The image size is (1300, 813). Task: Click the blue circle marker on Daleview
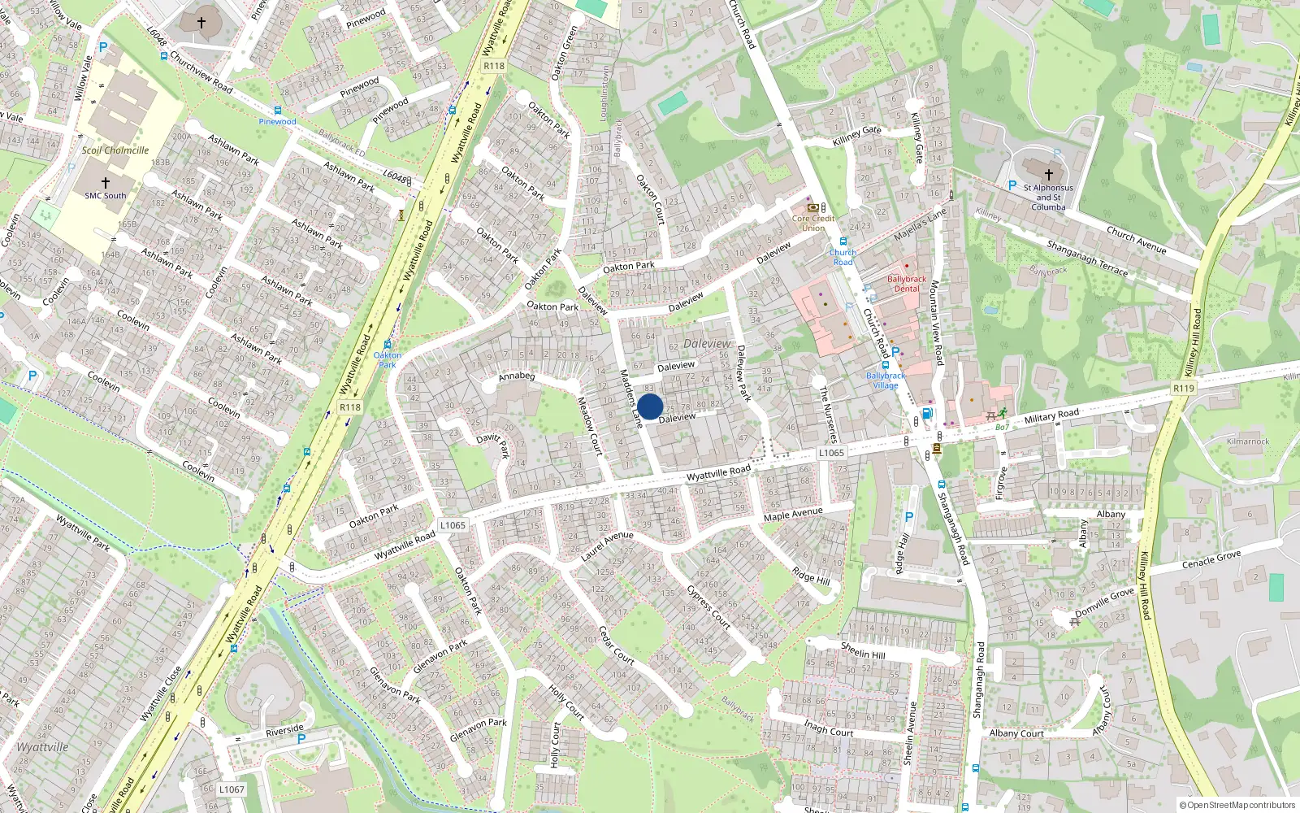pos(650,406)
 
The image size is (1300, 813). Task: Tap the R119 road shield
pos(1184,389)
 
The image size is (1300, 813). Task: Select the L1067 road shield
pos(232,789)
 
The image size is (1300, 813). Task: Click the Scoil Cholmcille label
pos(115,150)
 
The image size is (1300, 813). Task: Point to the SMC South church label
pos(106,195)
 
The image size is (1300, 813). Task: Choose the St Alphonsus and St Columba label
pos(1048,197)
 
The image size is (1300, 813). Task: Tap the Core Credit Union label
pos(813,223)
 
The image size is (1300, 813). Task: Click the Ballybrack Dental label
pos(907,284)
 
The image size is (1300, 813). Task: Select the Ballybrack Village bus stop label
pos(886,380)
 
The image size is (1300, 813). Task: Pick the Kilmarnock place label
pos(1248,441)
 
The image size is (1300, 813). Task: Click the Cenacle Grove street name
pos(1211,560)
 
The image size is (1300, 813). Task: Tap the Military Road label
pos(1051,416)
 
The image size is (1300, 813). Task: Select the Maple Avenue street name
pos(793,514)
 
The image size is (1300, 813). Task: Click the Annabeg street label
pos(517,376)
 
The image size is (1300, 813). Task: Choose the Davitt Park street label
pos(492,445)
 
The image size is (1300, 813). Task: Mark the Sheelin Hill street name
pos(863,650)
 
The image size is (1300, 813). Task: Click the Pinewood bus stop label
pos(278,122)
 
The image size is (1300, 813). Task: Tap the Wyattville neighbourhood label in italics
pos(42,747)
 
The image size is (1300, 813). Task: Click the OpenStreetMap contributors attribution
pos(1237,806)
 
